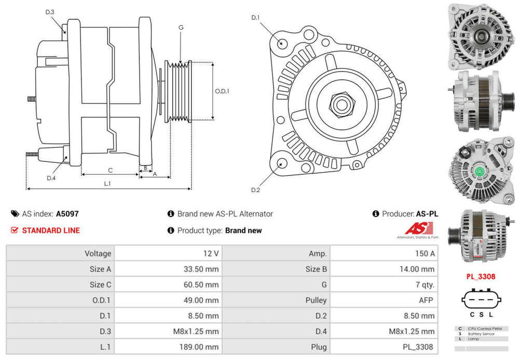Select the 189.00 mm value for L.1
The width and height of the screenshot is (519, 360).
pos(201,347)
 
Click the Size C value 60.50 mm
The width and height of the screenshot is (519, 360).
pos(201,285)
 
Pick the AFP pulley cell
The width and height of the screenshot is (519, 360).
pos(428,300)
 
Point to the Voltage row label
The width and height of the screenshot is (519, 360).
pos(98,254)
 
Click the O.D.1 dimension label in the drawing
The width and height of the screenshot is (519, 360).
pos(222,91)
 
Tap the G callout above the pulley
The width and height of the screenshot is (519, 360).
pos(181,27)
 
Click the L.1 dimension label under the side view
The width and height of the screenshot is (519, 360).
pos(107,184)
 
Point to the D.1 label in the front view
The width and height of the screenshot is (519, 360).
pos(255,18)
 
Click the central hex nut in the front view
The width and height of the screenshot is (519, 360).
pos(340,103)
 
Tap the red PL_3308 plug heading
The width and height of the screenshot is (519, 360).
pos(480,276)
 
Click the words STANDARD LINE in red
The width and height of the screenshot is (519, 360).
pos(51,230)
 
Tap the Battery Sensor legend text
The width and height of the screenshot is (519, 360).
pos(481,334)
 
